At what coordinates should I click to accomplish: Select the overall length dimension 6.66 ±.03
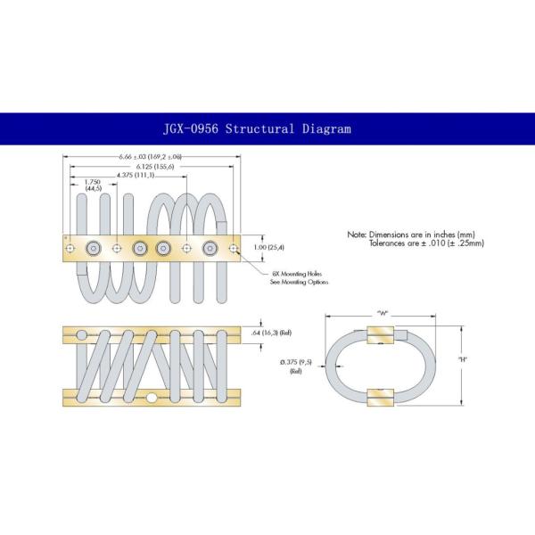tap(150, 157)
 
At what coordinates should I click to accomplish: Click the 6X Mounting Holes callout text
tap(300, 275)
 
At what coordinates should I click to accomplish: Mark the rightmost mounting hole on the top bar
tap(234, 248)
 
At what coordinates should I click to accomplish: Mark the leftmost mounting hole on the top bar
tap(69, 248)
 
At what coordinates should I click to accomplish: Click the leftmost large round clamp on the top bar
tap(92, 248)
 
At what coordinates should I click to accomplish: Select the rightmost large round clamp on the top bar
tap(210, 248)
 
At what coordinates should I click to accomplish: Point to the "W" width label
tap(382, 311)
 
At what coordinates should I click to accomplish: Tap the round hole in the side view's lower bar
tap(152, 398)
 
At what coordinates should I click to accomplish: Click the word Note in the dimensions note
tap(356, 234)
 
